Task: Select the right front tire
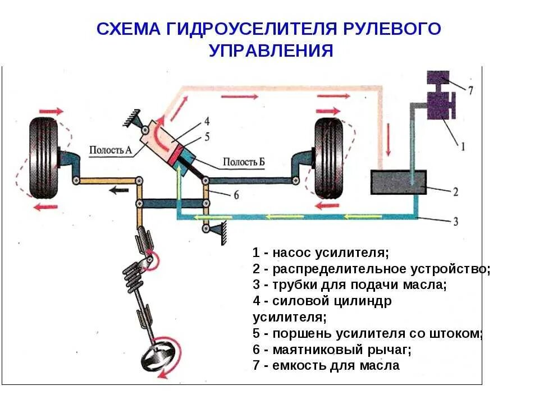click(x=328, y=158)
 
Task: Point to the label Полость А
click(x=110, y=149)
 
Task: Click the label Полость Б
click(x=244, y=162)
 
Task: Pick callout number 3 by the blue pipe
click(x=455, y=221)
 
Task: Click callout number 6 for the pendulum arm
click(x=236, y=195)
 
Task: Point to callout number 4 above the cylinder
click(x=207, y=121)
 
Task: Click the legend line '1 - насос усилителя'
click(x=321, y=252)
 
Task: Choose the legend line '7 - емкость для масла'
click(x=326, y=366)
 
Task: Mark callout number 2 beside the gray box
click(x=455, y=192)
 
